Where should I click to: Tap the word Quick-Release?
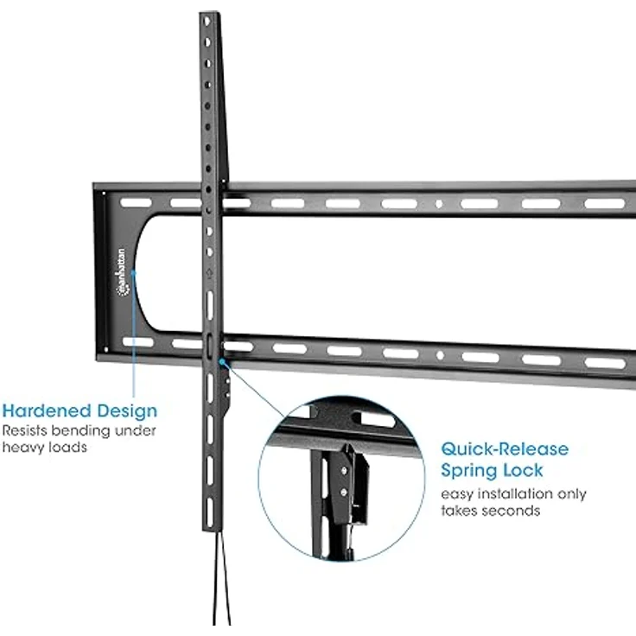[x=505, y=449]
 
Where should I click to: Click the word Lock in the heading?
[x=523, y=470]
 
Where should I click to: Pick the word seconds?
[x=514, y=511]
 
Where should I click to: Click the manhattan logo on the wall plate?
[x=122, y=272]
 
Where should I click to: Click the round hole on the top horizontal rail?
[x=439, y=204]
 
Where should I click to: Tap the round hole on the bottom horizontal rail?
[x=440, y=355]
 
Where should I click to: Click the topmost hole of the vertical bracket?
[x=207, y=21]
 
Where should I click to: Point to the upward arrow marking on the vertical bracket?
[x=209, y=273]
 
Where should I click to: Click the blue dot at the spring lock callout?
[x=222, y=361]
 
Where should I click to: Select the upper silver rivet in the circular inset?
[x=345, y=471]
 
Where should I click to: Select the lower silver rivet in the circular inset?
[x=344, y=493]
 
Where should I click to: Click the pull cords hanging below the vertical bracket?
[x=221, y=578]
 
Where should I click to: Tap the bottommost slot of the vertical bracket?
[x=210, y=512]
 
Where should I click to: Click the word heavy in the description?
[x=23, y=448]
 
